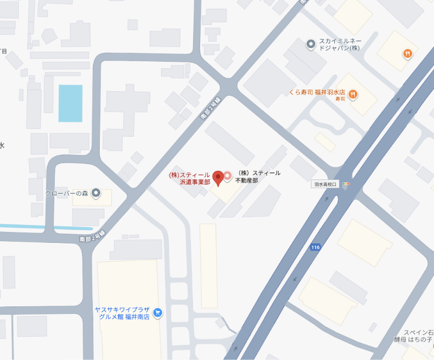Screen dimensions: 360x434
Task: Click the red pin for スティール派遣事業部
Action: click(218, 177)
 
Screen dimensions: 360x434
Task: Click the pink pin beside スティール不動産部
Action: click(228, 176)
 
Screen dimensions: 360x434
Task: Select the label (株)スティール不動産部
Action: click(259, 177)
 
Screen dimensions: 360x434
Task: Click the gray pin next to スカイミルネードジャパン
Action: click(311, 44)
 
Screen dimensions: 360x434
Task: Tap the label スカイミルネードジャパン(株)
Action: click(340, 44)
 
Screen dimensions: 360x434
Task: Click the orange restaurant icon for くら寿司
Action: click(353, 93)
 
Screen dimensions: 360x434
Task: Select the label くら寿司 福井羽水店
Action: click(318, 93)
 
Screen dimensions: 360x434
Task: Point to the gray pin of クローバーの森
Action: click(96, 192)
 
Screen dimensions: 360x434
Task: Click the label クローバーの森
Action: click(67, 193)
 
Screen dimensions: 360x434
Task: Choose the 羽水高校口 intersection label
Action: click(325, 184)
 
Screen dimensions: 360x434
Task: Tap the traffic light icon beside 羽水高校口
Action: click(346, 184)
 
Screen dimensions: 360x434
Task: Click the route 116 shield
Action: click(315, 247)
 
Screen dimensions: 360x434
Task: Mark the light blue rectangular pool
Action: click(71, 103)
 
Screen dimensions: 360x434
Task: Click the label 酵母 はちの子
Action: click(413, 340)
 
